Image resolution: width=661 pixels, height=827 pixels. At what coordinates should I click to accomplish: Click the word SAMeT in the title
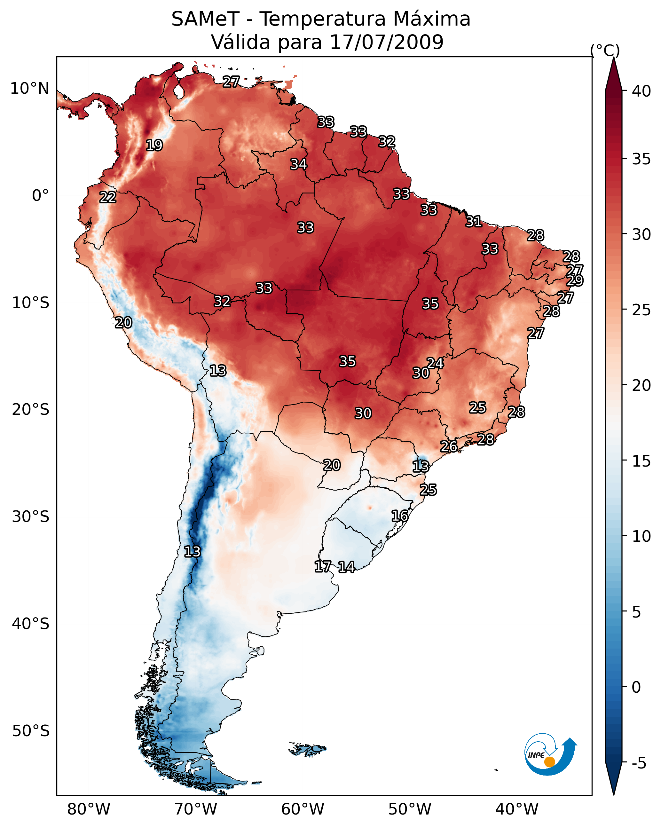205,19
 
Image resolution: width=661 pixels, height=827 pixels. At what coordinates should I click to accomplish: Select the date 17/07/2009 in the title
386,42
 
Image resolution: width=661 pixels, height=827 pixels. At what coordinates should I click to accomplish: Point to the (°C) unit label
605,50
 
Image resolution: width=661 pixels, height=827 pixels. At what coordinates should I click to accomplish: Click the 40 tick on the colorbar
641,91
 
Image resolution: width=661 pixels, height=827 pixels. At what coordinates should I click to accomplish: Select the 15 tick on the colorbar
641,461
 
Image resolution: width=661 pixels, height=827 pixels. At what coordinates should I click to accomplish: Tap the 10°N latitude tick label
29,89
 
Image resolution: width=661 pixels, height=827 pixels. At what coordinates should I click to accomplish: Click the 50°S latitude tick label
31,731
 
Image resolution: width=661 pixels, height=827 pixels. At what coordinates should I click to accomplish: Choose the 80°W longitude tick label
89,809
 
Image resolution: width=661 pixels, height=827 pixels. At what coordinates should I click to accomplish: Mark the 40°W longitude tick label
517,809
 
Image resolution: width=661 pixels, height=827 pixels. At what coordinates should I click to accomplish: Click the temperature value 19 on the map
154,146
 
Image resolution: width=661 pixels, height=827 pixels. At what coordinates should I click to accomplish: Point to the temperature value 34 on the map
298,164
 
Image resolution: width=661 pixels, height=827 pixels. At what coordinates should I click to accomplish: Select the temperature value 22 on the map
108,197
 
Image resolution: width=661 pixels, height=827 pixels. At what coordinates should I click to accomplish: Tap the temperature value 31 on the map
474,221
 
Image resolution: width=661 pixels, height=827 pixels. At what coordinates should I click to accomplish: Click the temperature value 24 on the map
436,363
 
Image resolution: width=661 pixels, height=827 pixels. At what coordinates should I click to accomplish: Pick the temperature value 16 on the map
400,516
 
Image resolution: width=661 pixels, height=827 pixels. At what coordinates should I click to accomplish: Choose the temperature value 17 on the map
323,567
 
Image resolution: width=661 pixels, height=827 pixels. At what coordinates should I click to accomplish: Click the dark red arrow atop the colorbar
613,75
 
